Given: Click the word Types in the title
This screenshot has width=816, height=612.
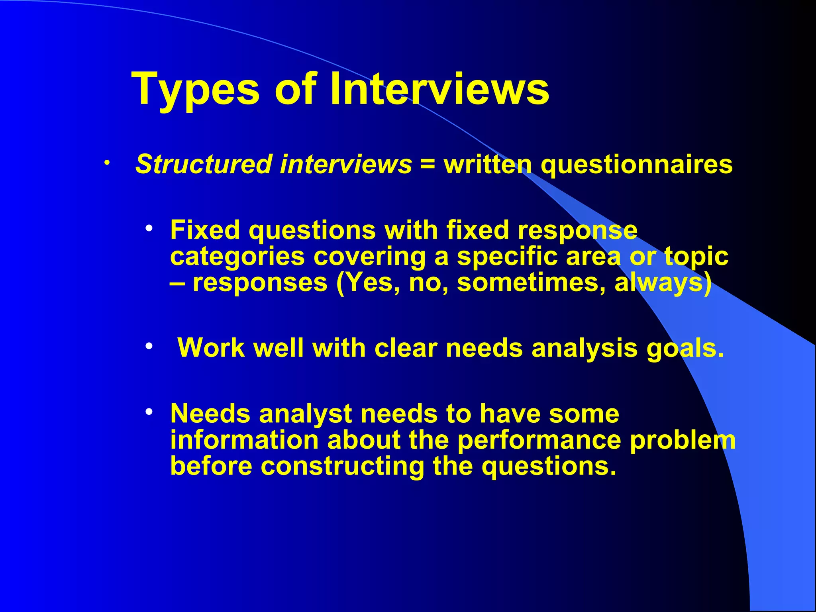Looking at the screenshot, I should pyautogui.click(x=195, y=90).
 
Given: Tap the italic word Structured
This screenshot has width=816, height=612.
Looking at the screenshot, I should pyautogui.click(x=204, y=165).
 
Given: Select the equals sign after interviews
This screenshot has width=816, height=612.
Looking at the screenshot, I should pyautogui.click(x=428, y=165).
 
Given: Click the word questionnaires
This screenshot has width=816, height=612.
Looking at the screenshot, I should pyautogui.click(x=636, y=165).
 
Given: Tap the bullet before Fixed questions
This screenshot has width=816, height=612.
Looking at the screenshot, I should pyautogui.click(x=149, y=229).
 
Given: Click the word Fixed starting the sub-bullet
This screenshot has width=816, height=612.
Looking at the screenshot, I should pyautogui.click(x=205, y=230).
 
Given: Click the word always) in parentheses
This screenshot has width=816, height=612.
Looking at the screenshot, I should pyautogui.click(x=663, y=283).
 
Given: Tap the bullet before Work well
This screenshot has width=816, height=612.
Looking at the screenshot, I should pyautogui.click(x=149, y=346).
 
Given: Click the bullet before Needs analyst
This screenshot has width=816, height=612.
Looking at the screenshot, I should pyautogui.click(x=149, y=412).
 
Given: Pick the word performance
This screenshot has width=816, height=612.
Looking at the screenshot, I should pyautogui.click(x=539, y=440).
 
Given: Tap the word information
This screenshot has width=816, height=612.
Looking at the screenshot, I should pyautogui.click(x=244, y=440).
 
